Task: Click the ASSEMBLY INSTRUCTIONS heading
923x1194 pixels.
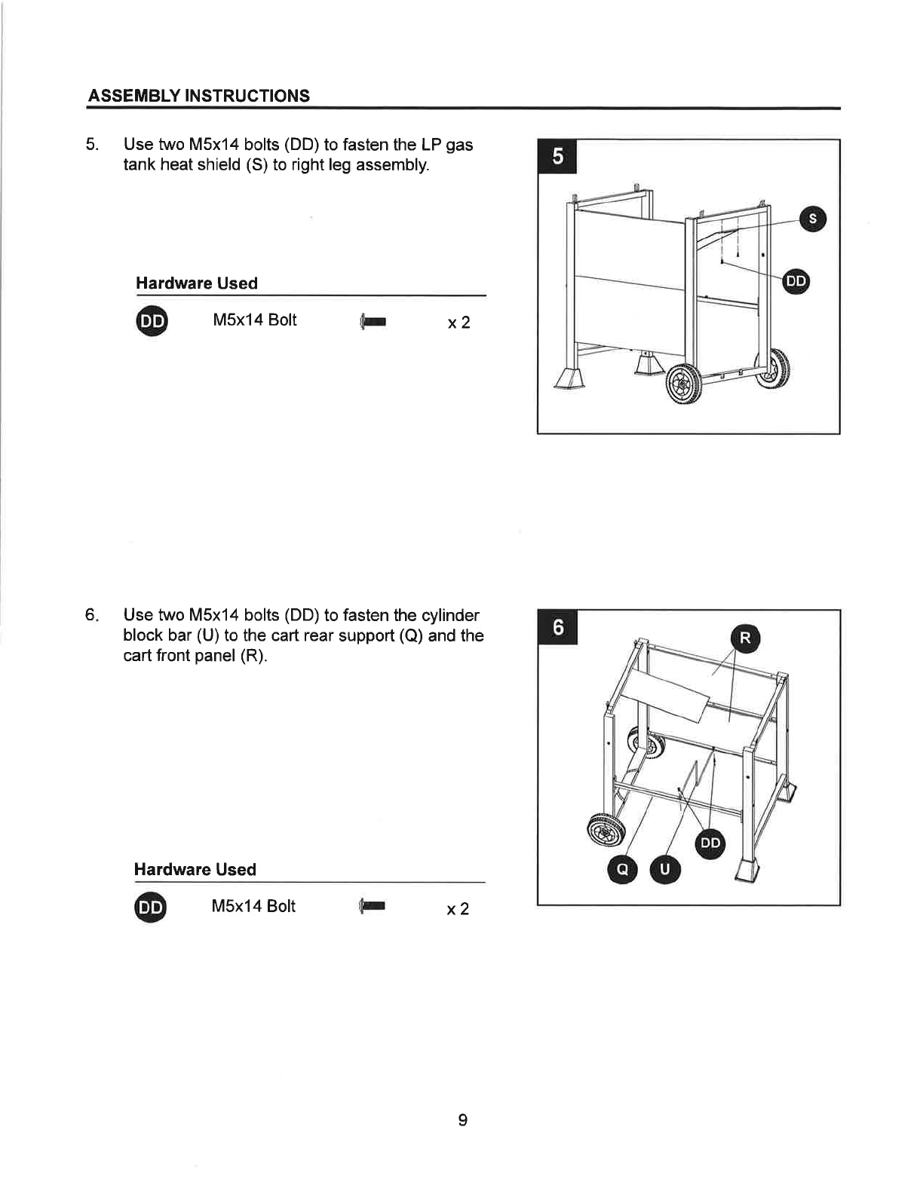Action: [199, 96]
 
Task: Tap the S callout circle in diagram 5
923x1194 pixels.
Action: [812, 219]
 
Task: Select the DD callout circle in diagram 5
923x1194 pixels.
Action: [796, 281]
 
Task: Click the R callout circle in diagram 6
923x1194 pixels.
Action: [745, 638]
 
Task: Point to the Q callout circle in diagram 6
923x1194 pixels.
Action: [622, 869]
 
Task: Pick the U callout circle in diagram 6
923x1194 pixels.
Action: [664, 869]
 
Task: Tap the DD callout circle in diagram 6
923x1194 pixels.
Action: [710, 843]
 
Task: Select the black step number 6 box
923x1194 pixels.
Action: [557, 627]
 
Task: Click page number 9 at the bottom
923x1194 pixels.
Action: [462, 1120]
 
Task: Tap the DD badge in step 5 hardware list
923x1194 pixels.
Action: [152, 320]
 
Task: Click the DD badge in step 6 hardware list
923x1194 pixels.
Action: [150, 907]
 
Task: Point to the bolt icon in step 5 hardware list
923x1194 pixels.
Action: [373, 321]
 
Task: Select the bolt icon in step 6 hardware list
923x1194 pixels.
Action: [372, 906]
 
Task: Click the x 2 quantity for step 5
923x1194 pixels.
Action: [458, 323]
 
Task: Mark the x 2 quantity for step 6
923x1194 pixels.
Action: [458, 909]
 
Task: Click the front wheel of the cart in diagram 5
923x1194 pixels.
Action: [684, 383]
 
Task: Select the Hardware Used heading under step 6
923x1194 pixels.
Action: [195, 869]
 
